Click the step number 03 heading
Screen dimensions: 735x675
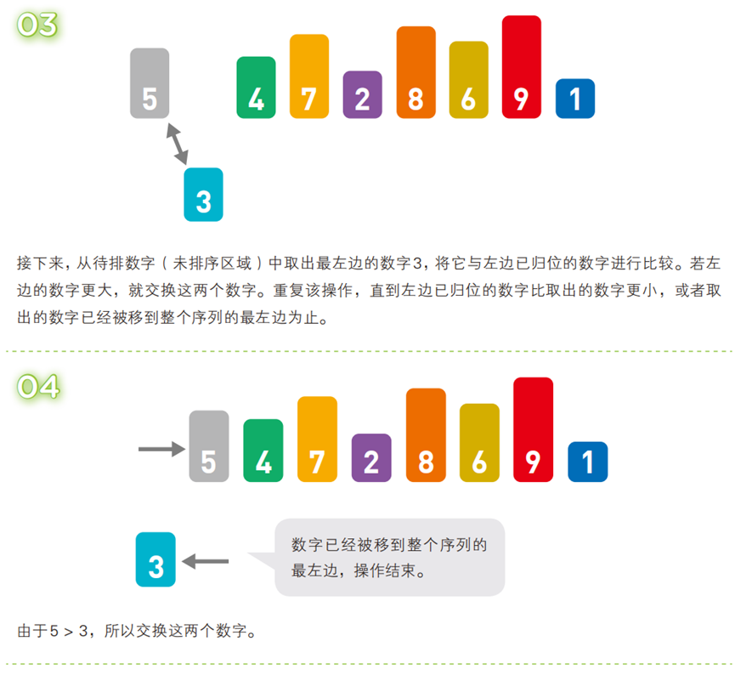37,25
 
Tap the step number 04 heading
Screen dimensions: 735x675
37,387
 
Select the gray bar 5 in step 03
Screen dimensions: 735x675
150,83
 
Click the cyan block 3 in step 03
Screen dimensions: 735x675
203,195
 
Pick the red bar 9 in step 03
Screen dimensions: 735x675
521,67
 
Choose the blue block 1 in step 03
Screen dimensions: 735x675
574,99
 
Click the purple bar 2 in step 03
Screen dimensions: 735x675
363,94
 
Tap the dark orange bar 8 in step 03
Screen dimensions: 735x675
416,73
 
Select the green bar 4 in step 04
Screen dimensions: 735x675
263,451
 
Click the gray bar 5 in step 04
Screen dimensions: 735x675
209,446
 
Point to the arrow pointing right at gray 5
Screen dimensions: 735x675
161,448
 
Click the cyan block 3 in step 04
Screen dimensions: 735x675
155,559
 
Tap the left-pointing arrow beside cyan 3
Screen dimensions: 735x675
206,561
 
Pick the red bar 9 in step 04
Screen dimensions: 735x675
533,430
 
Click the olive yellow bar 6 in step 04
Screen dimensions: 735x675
479,443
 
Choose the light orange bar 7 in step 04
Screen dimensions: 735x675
317,440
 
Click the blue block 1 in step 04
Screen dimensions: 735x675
587,462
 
